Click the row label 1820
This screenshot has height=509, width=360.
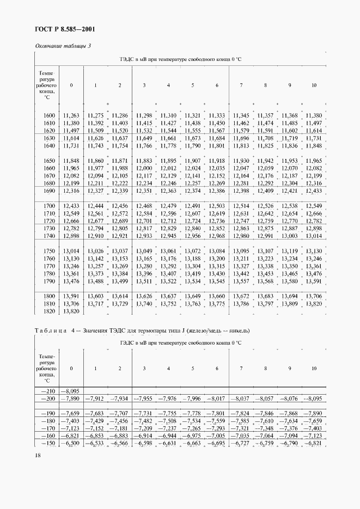coord(48,311)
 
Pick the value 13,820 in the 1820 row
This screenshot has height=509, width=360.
coord(71,311)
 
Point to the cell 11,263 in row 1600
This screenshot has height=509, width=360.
coord(71,115)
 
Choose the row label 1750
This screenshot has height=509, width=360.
coord(48,250)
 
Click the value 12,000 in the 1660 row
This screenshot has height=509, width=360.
coord(144,169)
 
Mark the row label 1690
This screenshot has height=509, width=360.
coord(48,192)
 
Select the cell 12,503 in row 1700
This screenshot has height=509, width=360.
coord(217,205)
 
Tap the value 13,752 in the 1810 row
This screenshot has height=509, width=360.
coord(168,303)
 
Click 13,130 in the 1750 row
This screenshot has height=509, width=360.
coord(314,250)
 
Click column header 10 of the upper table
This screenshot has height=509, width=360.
coord(314,85)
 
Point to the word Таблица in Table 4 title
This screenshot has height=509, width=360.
coord(51,330)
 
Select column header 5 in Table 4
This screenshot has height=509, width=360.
coord(192,369)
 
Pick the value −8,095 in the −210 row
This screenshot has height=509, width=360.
coord(71,391)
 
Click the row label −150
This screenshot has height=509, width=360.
coord(47,444)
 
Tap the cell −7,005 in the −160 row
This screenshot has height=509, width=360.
coord(216,436)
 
